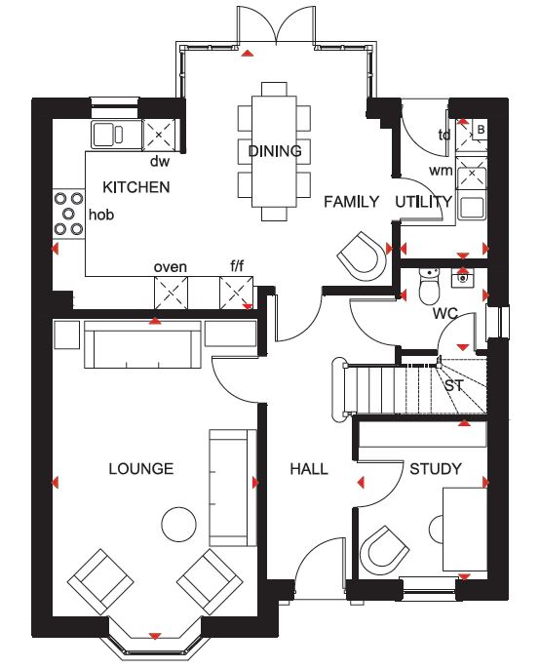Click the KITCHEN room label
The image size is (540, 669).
pos(136,187)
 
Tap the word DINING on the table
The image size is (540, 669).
pos(275,151)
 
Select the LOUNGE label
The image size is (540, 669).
pos(141,469)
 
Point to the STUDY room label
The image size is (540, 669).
pos(436,469)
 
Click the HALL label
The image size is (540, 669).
pos(309,469)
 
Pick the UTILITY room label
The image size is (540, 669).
pos(423,202)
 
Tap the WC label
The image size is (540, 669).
pos(444,314)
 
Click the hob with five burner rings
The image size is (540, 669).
pos(68,214)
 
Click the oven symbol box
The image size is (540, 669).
pos(171,293)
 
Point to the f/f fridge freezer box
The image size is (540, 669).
pos(236,293)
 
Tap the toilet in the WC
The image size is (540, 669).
pos(430,286)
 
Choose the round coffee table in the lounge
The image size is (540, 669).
pos(179,525)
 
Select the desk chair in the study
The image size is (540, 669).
pos(384,551)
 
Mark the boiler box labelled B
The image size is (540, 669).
pos(481,130)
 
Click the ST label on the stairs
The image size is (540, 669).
pos(453,386)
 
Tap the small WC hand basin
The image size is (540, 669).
pos(462,278)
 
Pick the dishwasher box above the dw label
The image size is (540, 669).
pos(159,135)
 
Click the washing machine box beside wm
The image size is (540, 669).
pos(472,174)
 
